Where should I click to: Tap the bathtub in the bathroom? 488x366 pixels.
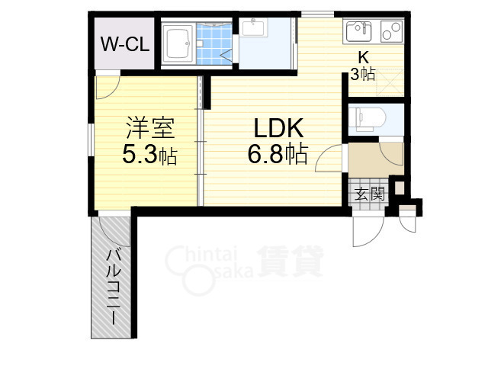(177, 44)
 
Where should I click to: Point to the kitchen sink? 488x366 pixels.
(358, 33)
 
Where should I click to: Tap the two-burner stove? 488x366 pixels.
(391, 33)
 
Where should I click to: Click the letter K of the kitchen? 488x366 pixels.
(364, 56)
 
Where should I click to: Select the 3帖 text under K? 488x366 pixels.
(363, 74)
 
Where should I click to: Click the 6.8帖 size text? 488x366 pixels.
(277, 155)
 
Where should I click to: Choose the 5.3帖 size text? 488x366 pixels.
(149, 156)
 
